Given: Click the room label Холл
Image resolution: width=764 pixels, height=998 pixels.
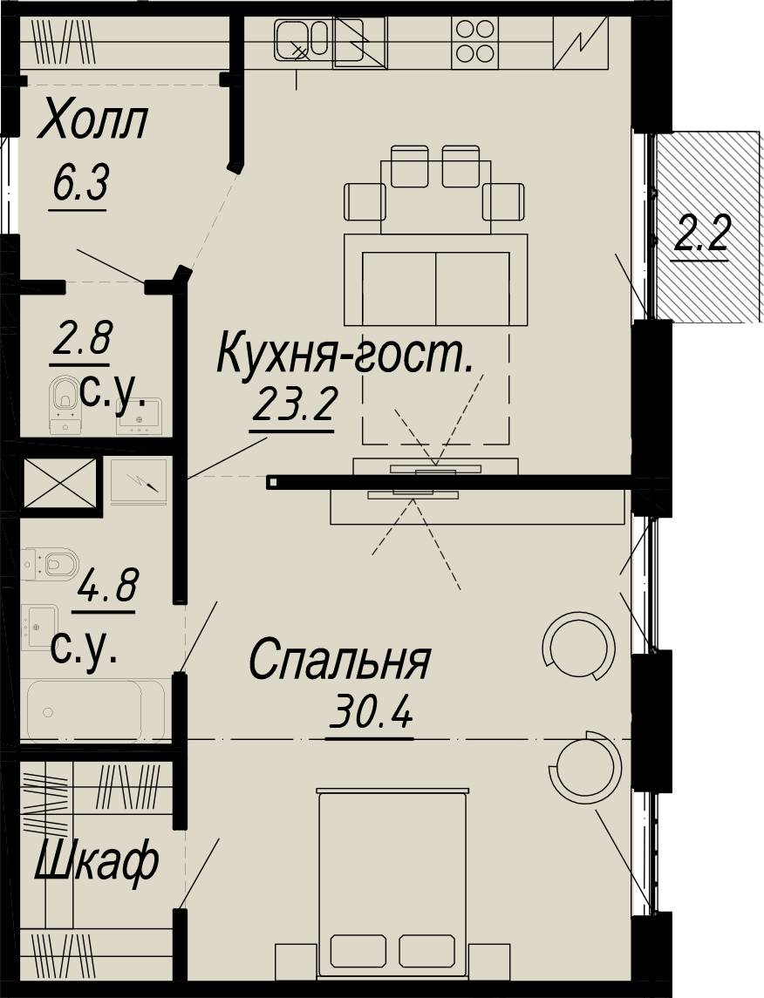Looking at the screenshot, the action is pyautogui.click(x=93, y=121).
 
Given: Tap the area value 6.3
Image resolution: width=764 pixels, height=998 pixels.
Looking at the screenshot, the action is pyautogui.click(x=81, y=183).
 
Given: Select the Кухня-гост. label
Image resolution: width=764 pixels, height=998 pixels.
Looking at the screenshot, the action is pyautogui.click(x=345, y=354).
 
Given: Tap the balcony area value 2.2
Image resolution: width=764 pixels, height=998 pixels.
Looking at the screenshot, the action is pyautogui.click(x=701, y=234).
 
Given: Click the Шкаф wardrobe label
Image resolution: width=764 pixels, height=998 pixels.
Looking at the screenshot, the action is pyautogui.click(x=97, y=860).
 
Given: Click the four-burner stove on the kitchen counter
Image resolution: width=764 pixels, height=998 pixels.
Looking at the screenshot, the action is pyautogui.click(x=475, y=42).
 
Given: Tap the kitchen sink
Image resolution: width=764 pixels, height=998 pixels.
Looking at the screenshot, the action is pyautogui.click(x=302, y=39).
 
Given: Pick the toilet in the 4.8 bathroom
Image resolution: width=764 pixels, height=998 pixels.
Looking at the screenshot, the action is pyautogui.click(x=50, y=563).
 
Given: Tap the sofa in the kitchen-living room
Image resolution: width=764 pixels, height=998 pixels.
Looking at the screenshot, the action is pyautogui.click(x=436, y=280).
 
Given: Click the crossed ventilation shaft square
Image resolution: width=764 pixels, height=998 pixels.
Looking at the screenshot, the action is pyautogui.click(x=60, y=483).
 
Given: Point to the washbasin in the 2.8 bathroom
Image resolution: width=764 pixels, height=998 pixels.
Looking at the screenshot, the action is pyautogui.click(x=139, y=416).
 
